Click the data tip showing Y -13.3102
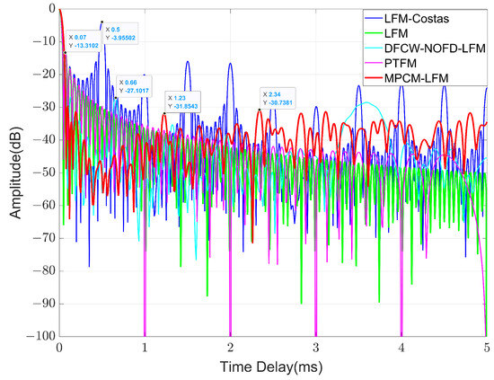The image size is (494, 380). pos(86,40)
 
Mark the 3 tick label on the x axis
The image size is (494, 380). pos(315,346)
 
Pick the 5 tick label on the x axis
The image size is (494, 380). pos(486,346)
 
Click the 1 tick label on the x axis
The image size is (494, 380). pos(145,346)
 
